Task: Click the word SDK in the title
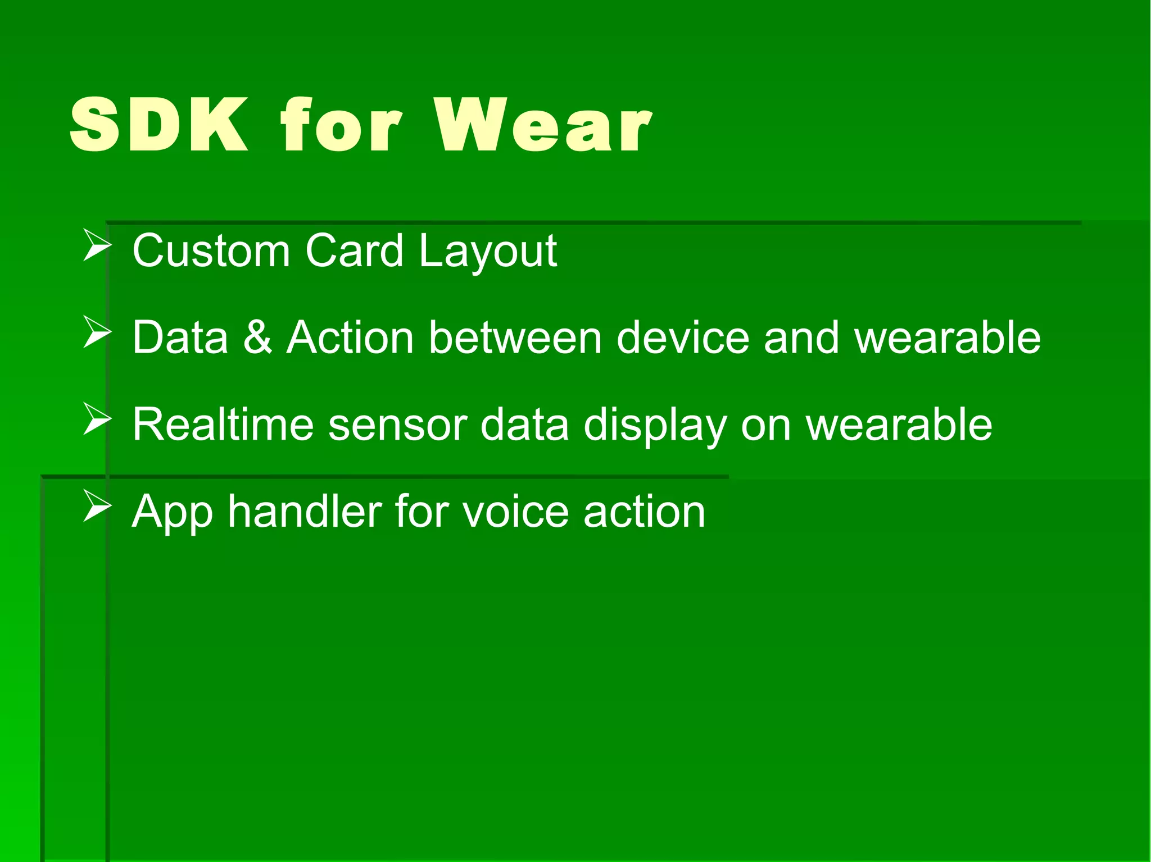click(159, 125)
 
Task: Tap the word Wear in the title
click(543, 125)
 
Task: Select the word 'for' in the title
click(342, 125)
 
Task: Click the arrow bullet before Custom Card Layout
click(97, 245)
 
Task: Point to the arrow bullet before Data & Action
click(97, 332)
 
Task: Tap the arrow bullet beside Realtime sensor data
click(97, 419)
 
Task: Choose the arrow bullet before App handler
click(97, 506)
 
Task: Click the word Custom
click(211, 250)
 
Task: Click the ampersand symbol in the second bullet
click(258, 337)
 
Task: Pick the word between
click(515, 337)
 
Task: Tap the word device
click(683, 337)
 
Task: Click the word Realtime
click(223, 425)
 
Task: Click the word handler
click(305, 512)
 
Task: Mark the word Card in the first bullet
click(354, 250)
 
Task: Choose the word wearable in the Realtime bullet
click(899, 425)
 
